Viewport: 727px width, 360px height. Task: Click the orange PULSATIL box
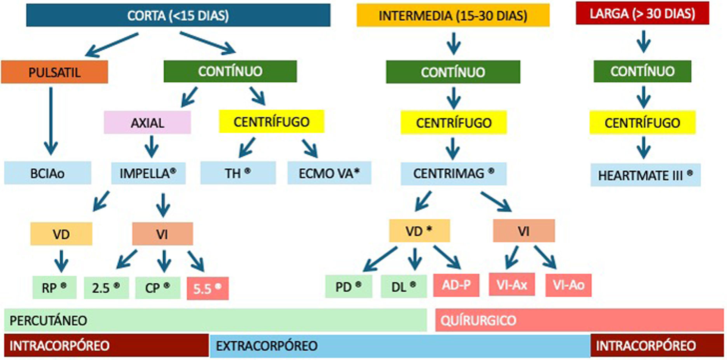(x=54, y=72)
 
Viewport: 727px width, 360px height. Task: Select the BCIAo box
(x=47, y=173)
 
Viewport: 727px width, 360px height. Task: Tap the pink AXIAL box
(x=147, y=122)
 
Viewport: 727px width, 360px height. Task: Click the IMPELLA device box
(x=148, y=173)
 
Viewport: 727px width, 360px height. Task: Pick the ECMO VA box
(x=329, y=173)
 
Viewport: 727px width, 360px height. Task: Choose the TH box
(x=238, y=173)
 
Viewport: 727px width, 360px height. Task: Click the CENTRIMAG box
(x=453, y=173)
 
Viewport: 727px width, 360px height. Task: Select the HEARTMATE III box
(x=645, y=175)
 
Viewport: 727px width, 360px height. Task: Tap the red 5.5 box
(x=208, y=288)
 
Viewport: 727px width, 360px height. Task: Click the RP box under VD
(x=54, y=288)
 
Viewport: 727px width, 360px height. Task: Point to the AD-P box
(x=456, y=285)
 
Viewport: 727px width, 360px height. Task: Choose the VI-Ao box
(x=568, y=285)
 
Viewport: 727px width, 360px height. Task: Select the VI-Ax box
(x=512, y=285)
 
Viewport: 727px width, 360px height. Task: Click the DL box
(x=404, y=287)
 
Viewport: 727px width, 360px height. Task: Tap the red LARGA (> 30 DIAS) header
(x=642, y=14)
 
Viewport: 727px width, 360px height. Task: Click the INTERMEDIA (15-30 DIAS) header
(x=453, y=16)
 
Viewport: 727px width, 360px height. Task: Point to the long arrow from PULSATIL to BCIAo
(x=51, y=121)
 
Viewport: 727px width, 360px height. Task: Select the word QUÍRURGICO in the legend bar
(x=478, y=320)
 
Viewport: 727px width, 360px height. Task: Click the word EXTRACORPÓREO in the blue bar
(x=267, y=346)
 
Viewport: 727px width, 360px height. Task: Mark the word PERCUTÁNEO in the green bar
(x=48, y=320)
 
